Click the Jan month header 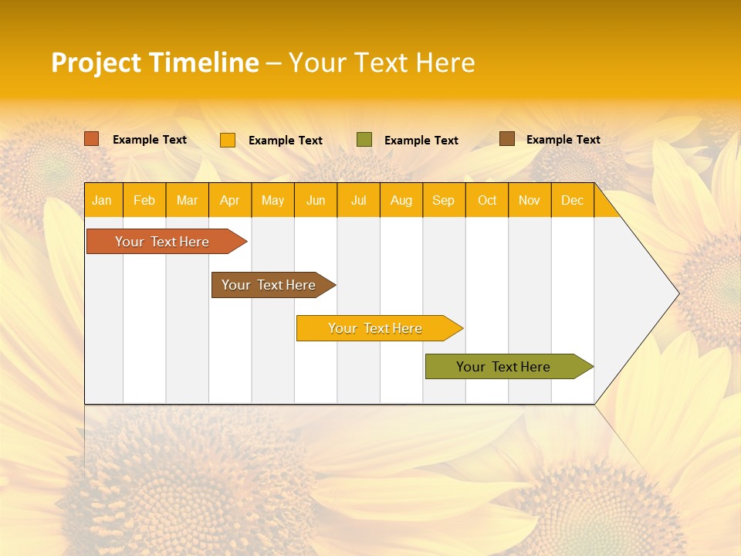pos(102,201)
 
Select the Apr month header pos(229,201)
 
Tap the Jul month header pos(358,201)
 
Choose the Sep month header pos(443,201)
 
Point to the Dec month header pos(572,201)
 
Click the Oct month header pos(486,201)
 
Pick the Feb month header pos(144,201)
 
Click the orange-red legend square pos(92,139)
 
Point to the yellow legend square pos(228,140)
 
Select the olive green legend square pos(364,140)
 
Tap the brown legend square pos(507,139)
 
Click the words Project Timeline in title pos(154,63)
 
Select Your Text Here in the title pos(381,63)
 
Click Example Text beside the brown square pos(563,140)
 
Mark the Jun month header pos(315,201)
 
